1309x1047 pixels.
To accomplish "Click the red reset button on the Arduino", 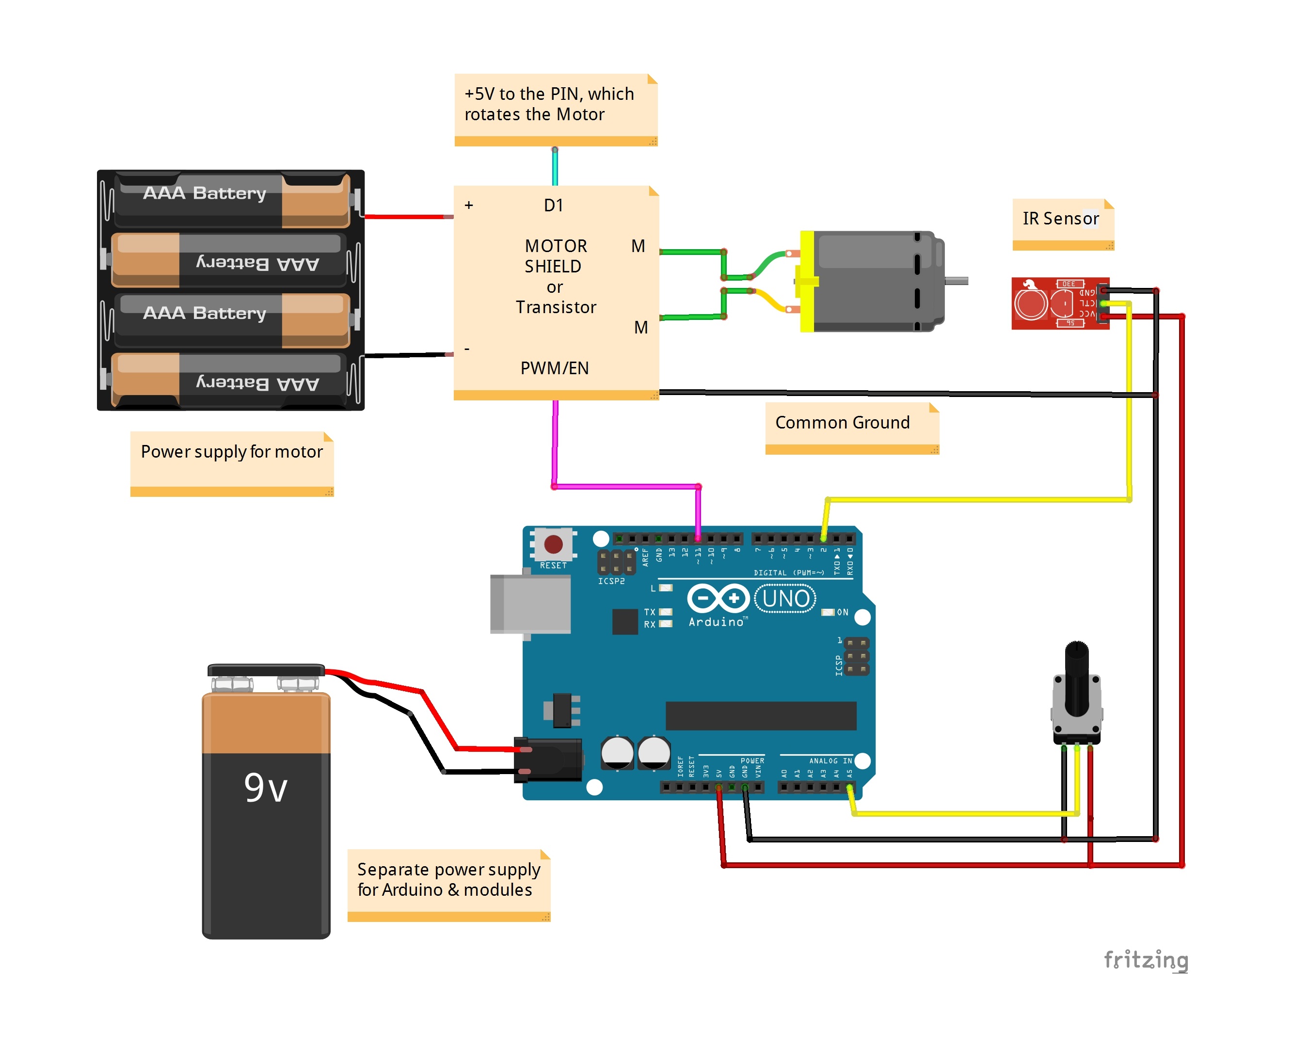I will (553, 544).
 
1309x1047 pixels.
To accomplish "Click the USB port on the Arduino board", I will (530, 604).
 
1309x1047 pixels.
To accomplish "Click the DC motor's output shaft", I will (956, 281).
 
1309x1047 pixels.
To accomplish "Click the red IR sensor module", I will (1056, 303).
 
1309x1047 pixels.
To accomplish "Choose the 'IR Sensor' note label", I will (1061, 219).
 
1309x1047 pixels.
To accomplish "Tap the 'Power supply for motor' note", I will (231, 453).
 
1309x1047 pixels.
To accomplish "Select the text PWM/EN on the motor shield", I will (554, 368).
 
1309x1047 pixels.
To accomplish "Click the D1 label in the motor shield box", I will (553, 205).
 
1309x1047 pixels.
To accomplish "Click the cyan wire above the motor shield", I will (554, 167).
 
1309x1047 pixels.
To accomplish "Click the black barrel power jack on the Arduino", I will (548, 759).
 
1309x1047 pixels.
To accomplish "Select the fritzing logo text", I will (1145, 960).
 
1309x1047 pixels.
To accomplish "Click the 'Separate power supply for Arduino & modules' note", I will (448, 880).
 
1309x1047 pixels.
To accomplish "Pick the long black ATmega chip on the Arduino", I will (760, 715).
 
